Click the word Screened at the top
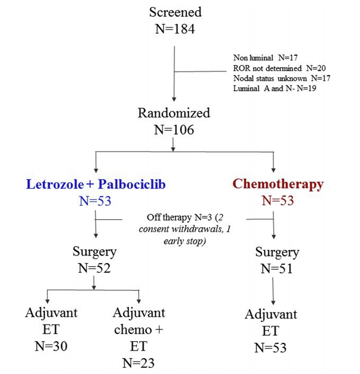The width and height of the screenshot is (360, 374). pyautogui.click(x=175, y=12)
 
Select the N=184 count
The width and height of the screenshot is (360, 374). pyautogui.click(x=175, y=29)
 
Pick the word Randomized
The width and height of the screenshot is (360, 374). pyautogui.click(x=174, y=113)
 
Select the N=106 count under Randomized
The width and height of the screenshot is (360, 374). pyautogui.click(x=174, y=130)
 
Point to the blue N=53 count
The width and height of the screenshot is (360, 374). pyautogui.click(x=95, y=201)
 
